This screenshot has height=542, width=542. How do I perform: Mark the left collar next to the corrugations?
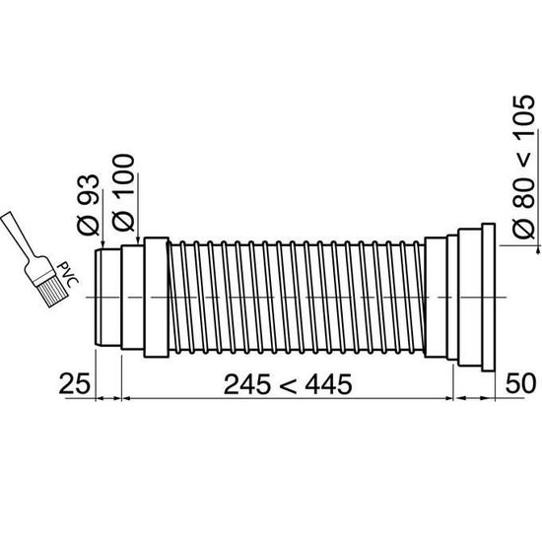coord(156,296)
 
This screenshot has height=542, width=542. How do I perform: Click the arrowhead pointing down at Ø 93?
coord(101,243)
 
